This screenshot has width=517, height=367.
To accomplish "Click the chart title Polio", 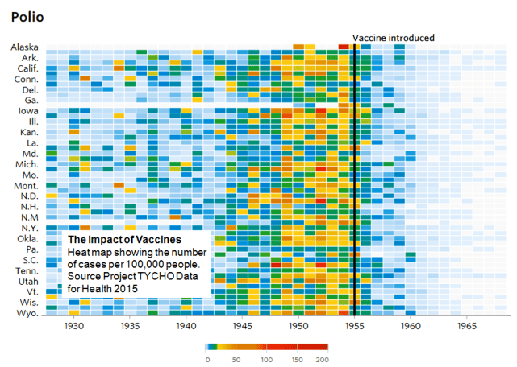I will tap(27, 16).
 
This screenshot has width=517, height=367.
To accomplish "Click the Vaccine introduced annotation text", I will tap(394, 38).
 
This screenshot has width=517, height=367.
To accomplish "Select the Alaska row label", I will tap(24, 47).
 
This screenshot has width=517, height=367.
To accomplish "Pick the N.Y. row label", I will tap(27, 228).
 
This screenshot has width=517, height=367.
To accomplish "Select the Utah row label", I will tap(27, 281).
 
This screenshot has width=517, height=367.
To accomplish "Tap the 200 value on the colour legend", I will tap(323, 360).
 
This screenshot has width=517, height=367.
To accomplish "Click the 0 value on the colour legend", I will tap(208, 360).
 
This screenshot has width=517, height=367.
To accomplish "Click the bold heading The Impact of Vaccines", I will tap(123, 241).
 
